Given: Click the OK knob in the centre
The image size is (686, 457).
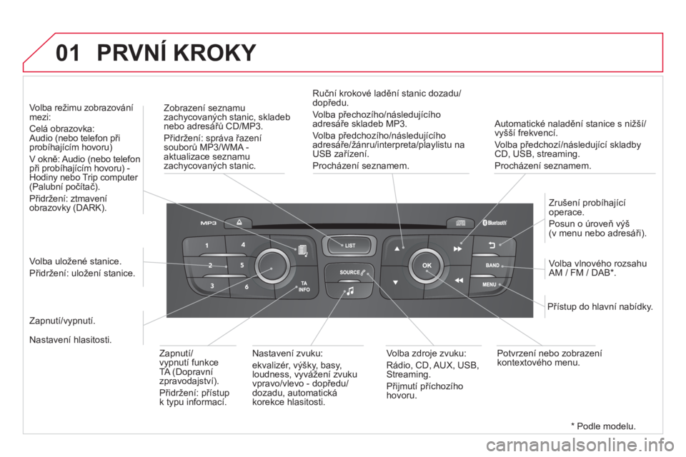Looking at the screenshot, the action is pos(427,265).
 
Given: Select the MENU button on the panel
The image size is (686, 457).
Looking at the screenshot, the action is pos(492,285).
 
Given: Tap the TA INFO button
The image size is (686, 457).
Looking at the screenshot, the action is pos(304,286).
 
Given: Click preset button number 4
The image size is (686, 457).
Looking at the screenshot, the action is pos(243,245).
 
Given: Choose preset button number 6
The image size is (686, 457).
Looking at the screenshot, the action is pos(247,287).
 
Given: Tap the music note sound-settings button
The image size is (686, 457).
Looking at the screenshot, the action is pos(350,291).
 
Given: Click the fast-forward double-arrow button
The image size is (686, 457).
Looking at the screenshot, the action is pos(457,248).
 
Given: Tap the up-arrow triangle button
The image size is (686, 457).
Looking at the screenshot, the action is pos(397,248).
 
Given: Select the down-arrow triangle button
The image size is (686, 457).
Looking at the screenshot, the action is pos(395,283).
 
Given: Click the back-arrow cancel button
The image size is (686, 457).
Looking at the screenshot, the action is pos(492,245).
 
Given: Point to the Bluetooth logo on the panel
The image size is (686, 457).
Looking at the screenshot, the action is pos(494,223).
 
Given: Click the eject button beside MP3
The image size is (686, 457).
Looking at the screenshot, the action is pos(239,223).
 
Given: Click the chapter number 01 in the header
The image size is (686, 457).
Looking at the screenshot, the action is pos(68,53).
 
